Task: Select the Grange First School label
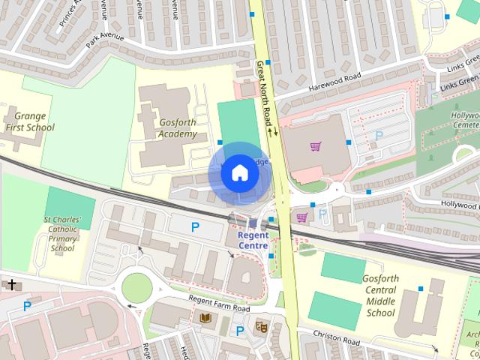[30, 122]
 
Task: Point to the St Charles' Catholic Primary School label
[63, 234]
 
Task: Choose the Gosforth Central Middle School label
[379, 295]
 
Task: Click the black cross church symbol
[11, 284]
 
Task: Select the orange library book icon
[205, 319]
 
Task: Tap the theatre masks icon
[261, 326]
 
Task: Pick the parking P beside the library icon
[239, 331]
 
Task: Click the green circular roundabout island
[136, 286]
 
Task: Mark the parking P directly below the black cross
[27, 306]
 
